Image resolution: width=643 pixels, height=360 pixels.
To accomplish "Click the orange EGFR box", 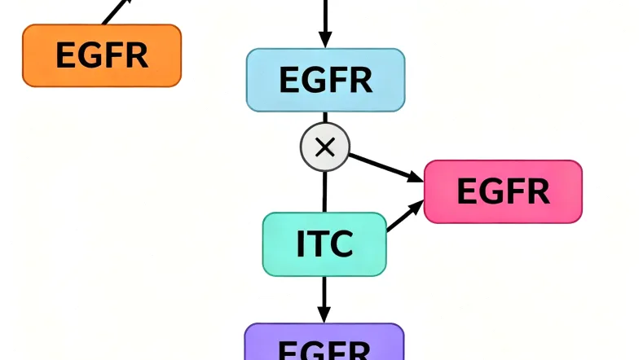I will [101, 55].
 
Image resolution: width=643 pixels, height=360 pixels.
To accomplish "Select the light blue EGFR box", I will [325, 80].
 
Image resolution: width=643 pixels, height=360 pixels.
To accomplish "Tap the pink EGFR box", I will [503, 191].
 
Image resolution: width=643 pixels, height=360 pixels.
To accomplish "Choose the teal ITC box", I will [324, 244].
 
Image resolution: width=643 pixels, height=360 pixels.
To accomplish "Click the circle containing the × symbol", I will [324, 147].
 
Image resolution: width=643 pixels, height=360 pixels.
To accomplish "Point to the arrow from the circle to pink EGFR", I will [383, 165].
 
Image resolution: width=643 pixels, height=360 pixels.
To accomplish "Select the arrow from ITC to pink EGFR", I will [404, 217].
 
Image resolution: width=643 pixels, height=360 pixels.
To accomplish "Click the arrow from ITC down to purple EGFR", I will [324, 297].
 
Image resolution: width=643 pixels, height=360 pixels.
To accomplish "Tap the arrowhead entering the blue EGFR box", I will [325, 39].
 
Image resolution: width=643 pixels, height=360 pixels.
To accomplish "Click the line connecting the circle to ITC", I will [324, 191].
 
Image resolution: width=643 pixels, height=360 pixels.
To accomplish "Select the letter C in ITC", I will [341, 244].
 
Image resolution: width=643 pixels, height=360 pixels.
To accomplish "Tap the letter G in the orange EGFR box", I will [86, 55].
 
